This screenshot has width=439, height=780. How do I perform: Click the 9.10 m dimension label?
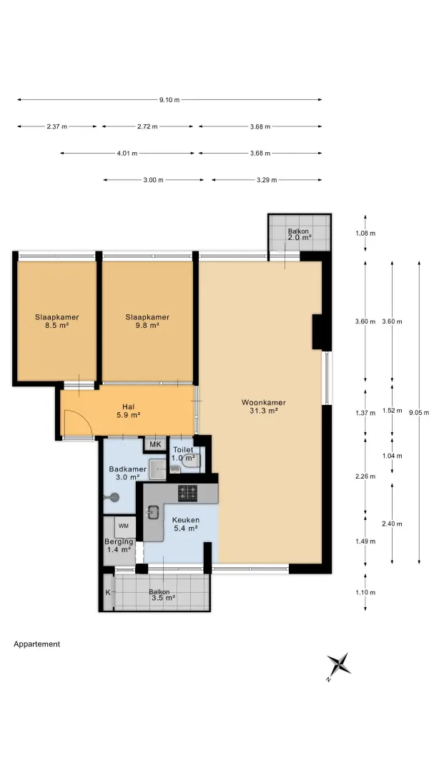pos(169,100)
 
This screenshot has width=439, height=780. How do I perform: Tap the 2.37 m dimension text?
pos(56,126)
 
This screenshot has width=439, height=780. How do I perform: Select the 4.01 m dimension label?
pos(127,153)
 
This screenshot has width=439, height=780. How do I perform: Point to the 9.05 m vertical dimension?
pos(418,412)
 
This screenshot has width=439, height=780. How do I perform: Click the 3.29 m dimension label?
pos(267,180)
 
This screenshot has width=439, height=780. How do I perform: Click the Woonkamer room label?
pos(263,406)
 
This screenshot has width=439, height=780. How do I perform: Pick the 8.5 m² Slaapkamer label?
pos(56,321)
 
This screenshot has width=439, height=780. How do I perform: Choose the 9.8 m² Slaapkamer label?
pos(147,321)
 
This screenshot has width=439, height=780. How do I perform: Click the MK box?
pos(156,444)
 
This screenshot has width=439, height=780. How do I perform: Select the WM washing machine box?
pos(124,526)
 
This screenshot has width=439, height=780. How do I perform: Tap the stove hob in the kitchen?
pos(187,492)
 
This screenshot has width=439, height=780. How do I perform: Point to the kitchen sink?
pos(152,511)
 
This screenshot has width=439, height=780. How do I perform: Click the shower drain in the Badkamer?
pos(115,497)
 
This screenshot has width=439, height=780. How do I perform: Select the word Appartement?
pos(37,644)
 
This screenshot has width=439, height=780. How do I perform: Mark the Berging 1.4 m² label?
pos(119,546)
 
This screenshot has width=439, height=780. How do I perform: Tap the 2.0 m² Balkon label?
pos(299,235)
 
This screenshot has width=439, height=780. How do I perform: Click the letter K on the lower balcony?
pos(108,592)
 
